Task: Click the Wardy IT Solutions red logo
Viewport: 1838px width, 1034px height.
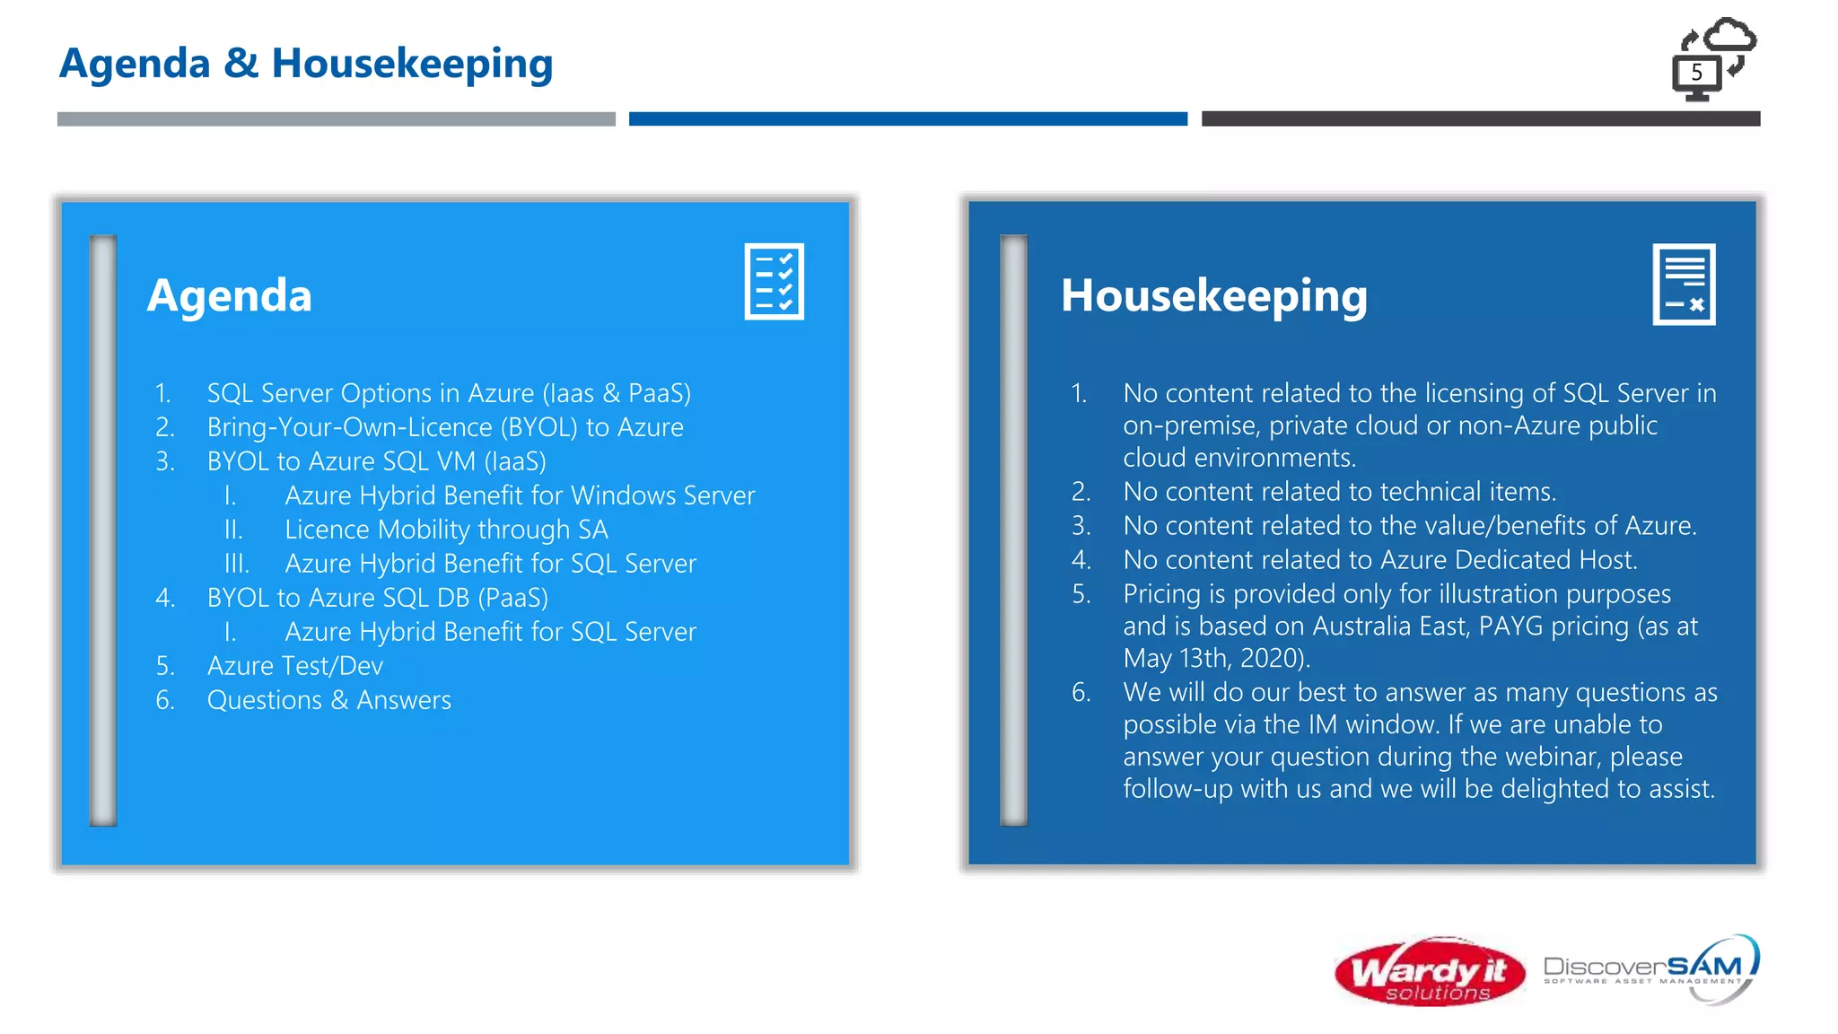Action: tap(1430, 972)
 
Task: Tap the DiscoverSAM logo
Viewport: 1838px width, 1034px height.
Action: tap(1650, 969)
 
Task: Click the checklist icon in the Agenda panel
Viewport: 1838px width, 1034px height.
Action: tap(774, 281)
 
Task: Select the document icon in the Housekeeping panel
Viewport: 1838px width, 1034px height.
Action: tap(1684, 284)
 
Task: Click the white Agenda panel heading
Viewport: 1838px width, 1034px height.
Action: tap(230, 295)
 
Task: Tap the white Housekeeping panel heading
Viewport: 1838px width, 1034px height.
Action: tap(1213, 295)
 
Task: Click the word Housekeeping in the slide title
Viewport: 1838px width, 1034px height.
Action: tap(412, 64)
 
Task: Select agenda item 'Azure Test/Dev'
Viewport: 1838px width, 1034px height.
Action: tap(294, 666)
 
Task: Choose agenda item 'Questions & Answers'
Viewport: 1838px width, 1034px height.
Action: tap(328, 700)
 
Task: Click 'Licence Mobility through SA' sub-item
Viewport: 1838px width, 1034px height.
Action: tap(446, 530)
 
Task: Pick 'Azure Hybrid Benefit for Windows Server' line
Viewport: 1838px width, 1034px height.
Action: tap(520, 495)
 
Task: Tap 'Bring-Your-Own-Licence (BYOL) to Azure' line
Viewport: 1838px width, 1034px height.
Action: tap(445, 427)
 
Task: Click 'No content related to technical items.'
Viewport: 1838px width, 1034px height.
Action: tap(1339, 492)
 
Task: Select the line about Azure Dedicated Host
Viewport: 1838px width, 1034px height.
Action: tap(1380, 560)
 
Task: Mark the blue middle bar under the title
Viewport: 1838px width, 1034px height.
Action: tap(907, 118)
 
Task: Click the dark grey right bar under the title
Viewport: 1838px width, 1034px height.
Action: tap(1481, 118)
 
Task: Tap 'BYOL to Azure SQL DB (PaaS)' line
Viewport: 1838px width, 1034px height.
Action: tap(377, 598)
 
